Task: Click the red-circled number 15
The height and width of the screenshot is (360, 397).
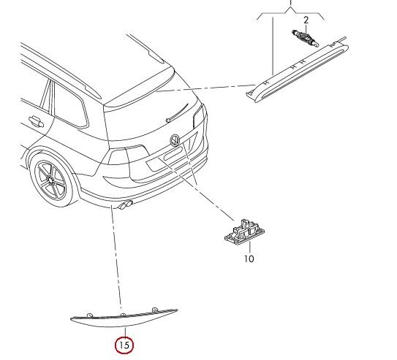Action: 123,342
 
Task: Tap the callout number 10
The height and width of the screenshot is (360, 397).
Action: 249,258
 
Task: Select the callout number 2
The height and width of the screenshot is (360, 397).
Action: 306,18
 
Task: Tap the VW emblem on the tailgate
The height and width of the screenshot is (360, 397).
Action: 175,140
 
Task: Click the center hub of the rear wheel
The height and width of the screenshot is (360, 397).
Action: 53,178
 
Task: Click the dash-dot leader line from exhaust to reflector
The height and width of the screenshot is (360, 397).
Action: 116,256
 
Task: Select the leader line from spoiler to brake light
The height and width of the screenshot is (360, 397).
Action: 205,89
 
